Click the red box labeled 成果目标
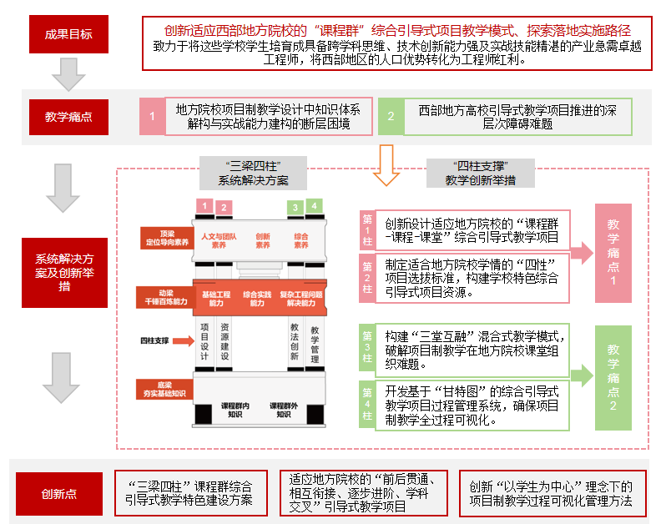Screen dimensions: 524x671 pos(69,34)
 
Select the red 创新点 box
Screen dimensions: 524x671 pos(59,494)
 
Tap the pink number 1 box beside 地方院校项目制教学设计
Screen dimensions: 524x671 pos(152,117)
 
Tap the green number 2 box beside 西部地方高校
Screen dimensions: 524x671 pos(391,117)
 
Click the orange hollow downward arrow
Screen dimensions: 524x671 pos(386,164)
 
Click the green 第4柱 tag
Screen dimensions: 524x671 pos(367,403)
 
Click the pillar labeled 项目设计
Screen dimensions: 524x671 pos(204,340)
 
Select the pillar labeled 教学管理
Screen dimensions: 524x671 pos(315,344)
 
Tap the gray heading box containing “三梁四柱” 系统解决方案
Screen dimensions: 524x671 pos(253,172)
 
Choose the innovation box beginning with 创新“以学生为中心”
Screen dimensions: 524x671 pos(552,494)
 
